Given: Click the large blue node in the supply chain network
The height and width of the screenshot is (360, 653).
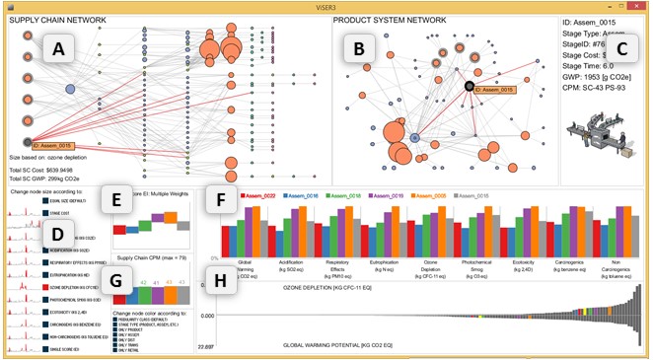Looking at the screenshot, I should [x=71, y=90].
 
